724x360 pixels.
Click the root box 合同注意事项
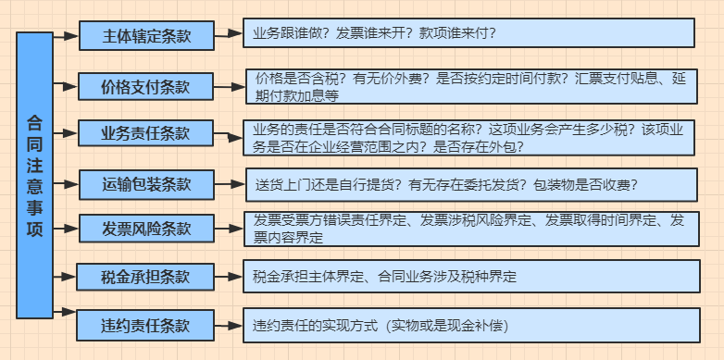[35, 175]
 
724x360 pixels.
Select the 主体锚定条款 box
[146, 36]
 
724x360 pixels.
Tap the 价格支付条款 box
[146, 87]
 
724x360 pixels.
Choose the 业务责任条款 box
[146, 134]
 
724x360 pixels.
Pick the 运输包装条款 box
[146, 183]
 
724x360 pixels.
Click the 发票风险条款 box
[146, 229]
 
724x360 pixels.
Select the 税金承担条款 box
[146, 277]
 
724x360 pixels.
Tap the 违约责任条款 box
[146, 326]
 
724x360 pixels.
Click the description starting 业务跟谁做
[468, 33]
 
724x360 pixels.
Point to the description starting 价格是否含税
[471, 87]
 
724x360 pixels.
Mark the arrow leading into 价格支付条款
[66, 86]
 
